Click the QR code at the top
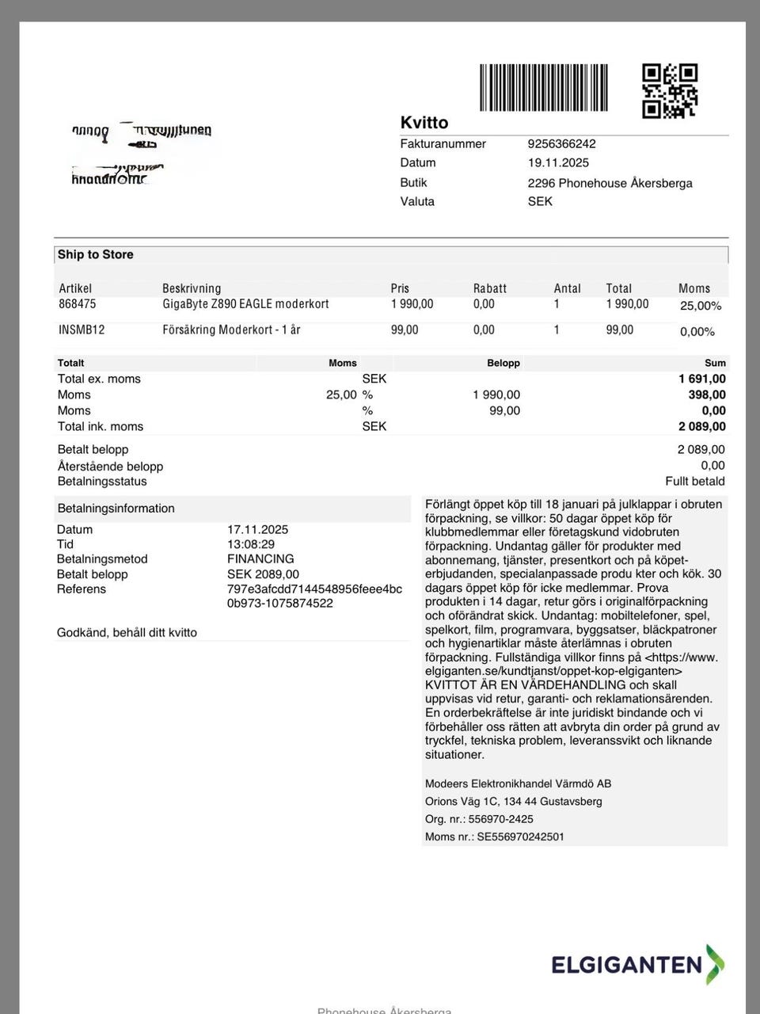point(669,90)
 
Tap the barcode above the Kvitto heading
point(543,87)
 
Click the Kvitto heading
point(424,123)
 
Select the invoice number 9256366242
point(561,144)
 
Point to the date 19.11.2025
point(558,163)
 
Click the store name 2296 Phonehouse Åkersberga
point(610,183)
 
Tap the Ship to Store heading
point(95,255)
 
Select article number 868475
point(77,304)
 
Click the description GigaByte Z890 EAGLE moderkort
point(245,304)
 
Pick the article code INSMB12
point(82,330)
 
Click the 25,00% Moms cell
point(700,306)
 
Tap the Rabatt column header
point(489,289)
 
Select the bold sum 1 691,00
point(701,379)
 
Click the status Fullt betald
point(694,482)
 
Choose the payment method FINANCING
point(260,559)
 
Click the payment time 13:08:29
point(251,545)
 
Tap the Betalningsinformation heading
point(116,509)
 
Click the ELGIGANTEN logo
point(637,964)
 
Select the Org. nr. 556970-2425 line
point(479,820)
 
